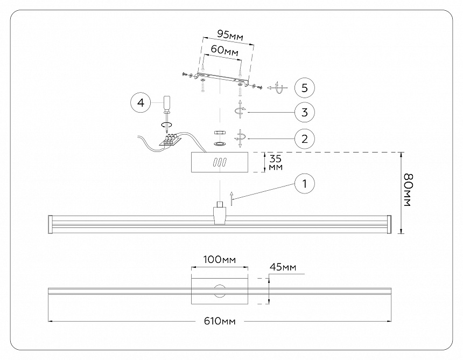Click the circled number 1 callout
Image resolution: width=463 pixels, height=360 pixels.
(305, 184)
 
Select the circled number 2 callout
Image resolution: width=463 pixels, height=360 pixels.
(305, 139)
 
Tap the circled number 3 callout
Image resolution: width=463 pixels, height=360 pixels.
(305, 113)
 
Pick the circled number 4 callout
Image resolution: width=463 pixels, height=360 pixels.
(141, 102)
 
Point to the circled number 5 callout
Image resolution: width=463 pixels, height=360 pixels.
(305, 87)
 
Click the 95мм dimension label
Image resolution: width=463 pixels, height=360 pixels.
(230, 34)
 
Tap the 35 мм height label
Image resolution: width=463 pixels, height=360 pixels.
(275, 162)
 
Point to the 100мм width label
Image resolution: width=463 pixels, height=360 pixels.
(220, 260)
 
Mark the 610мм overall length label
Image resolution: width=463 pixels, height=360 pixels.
(220, 322)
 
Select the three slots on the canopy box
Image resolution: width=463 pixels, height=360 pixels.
(220, 162)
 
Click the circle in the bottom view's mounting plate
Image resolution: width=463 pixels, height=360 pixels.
(220, 291)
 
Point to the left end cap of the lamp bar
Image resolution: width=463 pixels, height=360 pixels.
(50, 224)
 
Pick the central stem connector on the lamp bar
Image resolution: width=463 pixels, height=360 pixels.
(220, 214)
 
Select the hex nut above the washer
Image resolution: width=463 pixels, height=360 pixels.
(220, 131)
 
